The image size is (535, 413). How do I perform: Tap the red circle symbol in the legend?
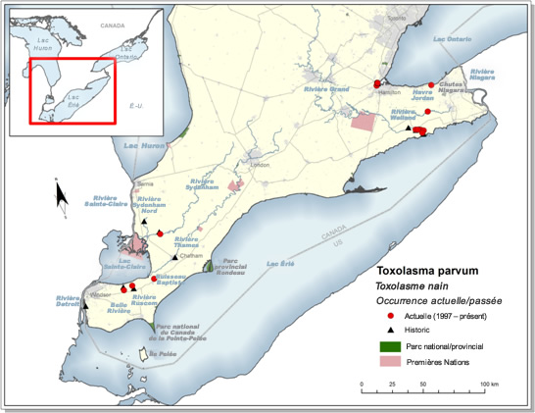tap(390, 317)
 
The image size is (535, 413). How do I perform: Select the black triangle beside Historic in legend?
tap(390, 332)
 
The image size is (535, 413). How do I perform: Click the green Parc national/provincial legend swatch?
tap(390, 346)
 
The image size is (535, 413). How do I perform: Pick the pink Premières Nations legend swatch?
tap(390, 362)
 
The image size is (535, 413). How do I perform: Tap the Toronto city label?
tap(395, 19)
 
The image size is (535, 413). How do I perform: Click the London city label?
tap(260, 165)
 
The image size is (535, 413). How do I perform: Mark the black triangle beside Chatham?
tap(174, 257)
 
